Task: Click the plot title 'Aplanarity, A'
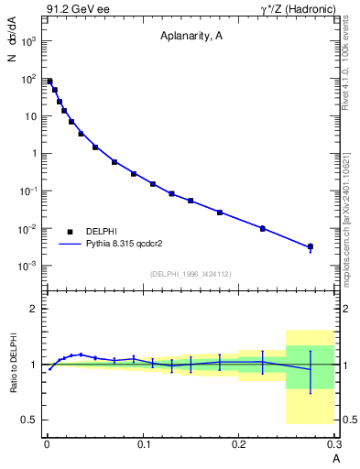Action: tap(191, 38)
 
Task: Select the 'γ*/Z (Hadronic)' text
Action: tap(295, 10)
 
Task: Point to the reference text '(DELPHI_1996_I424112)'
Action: tap(191, 274)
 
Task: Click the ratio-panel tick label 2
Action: tap(32, 309)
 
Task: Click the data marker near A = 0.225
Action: tap(263, 228)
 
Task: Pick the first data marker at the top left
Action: tap(49, 82)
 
